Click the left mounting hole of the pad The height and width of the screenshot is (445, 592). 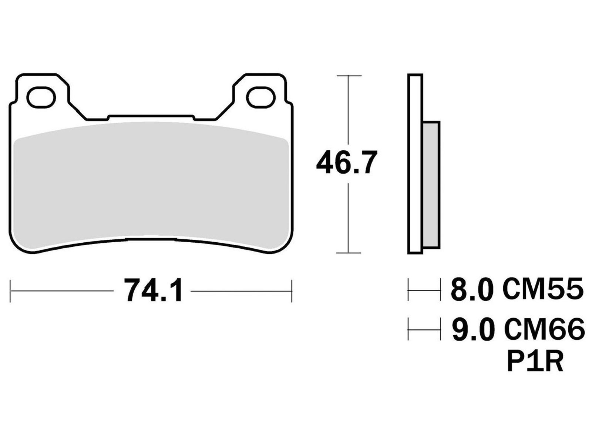click(41, 97)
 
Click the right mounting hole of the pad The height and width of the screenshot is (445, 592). click(261, 97)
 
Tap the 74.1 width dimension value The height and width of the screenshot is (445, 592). click(153, 290)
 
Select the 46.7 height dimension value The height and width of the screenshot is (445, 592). click(346, 162)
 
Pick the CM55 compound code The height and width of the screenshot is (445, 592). click(543, 289)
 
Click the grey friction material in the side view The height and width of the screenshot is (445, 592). click(431, 185)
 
